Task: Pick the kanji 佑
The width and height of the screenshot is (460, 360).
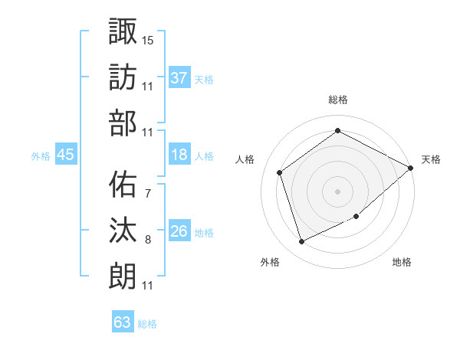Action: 123,184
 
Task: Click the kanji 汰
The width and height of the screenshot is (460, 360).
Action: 123,230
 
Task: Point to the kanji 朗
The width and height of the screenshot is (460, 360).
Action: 123,275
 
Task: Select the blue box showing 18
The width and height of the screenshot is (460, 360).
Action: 179,154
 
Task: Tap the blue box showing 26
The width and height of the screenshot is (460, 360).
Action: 179,231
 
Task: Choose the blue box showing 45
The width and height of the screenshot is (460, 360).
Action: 66,155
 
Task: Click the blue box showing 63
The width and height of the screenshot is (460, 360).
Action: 123,322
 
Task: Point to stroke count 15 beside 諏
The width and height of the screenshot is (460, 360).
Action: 148,39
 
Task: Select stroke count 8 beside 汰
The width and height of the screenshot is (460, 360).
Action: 147,240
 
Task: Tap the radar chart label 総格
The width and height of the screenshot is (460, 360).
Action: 337,100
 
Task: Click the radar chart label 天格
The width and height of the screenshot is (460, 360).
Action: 432,159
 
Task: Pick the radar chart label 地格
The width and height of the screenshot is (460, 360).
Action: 402,262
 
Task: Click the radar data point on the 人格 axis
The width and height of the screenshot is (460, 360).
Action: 280,172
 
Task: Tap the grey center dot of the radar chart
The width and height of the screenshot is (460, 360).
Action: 337,191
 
